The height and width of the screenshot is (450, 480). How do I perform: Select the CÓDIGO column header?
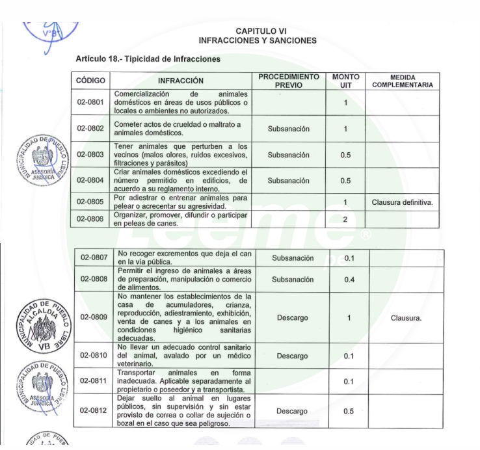[90, 81]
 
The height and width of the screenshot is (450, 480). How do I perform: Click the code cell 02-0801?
[90, 103]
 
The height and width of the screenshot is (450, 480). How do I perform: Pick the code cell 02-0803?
[90, 155]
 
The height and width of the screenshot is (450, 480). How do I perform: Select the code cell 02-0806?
[90, 219]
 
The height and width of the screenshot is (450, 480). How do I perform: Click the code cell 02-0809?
[95, 317]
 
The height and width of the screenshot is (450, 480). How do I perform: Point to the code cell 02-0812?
[95, 410]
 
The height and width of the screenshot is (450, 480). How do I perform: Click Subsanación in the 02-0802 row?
[288, 129]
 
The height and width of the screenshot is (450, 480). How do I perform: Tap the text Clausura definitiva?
[402, 202]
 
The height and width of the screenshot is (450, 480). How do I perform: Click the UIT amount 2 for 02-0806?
[345, 219]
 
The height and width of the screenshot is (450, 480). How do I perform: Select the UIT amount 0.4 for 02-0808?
[349, 280]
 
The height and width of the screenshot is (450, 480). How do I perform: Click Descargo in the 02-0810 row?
[292, 356]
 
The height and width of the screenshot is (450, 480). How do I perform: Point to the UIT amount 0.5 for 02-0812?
[349, 411]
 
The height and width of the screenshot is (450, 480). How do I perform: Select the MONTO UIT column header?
[345, 81]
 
